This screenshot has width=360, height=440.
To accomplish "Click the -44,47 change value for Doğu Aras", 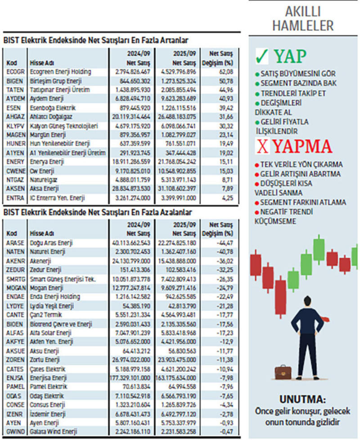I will [x=228, y=243].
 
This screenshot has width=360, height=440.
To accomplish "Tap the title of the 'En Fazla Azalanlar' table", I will [x=97, y=212].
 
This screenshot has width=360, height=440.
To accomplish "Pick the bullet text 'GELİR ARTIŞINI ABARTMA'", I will [x=302, y=174].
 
